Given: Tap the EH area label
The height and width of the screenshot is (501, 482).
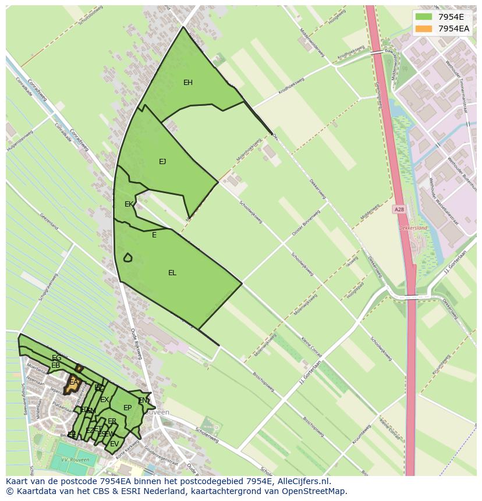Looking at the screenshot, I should (x=188, y=83).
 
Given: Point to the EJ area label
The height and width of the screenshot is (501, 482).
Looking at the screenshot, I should (x=162, y=162).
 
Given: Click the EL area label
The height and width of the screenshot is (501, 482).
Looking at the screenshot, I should (x=172, y=273).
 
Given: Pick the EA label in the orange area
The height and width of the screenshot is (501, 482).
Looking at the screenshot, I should (x=73, y=382).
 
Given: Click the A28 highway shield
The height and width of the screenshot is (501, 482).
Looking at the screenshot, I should (x=399, y=209).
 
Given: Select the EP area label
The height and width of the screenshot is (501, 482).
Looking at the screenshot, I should (x=127, y=408).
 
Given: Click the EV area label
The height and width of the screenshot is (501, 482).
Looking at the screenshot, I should (x=114, y=444).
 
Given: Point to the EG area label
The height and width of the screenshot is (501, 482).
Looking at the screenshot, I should (x=56, y=358).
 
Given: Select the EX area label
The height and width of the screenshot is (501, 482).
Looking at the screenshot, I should (x=104, y=400).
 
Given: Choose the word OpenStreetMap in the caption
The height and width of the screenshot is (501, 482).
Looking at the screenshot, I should (x=317, y=491).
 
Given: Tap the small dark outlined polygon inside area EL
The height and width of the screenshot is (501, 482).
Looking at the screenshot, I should (x=127, y=257).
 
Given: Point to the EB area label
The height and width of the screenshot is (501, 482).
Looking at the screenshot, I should (x=56, y=365).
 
